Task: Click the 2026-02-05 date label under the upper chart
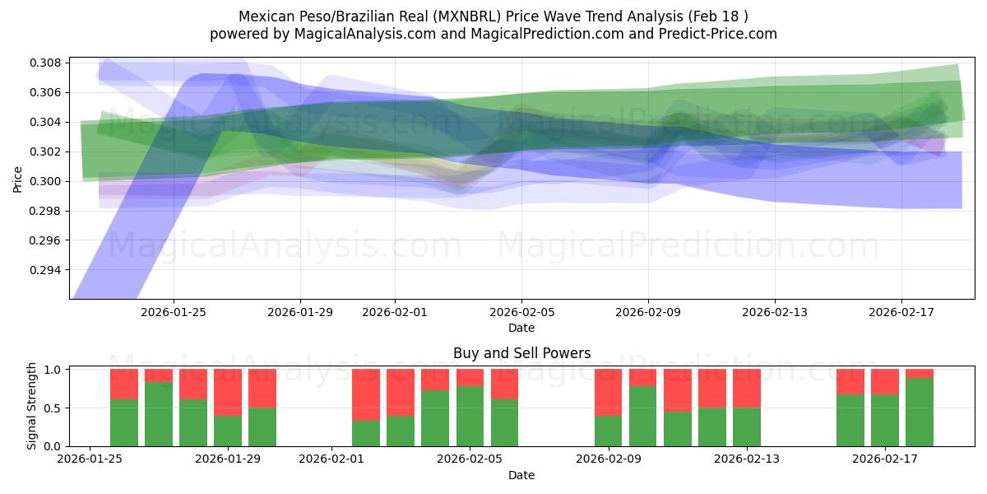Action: tap(521, 312)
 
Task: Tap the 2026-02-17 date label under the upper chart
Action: tap(901, 312)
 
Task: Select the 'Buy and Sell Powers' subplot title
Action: tap(521, 354)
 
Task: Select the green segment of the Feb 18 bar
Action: tap(920, 412)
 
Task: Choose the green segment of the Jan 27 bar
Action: tap(159, 414)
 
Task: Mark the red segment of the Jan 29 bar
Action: tap(228, 393)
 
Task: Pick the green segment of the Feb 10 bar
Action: tap(643, 417)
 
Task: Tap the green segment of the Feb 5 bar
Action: tap(470, 417)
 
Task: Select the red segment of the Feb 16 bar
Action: tap(850, 382)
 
